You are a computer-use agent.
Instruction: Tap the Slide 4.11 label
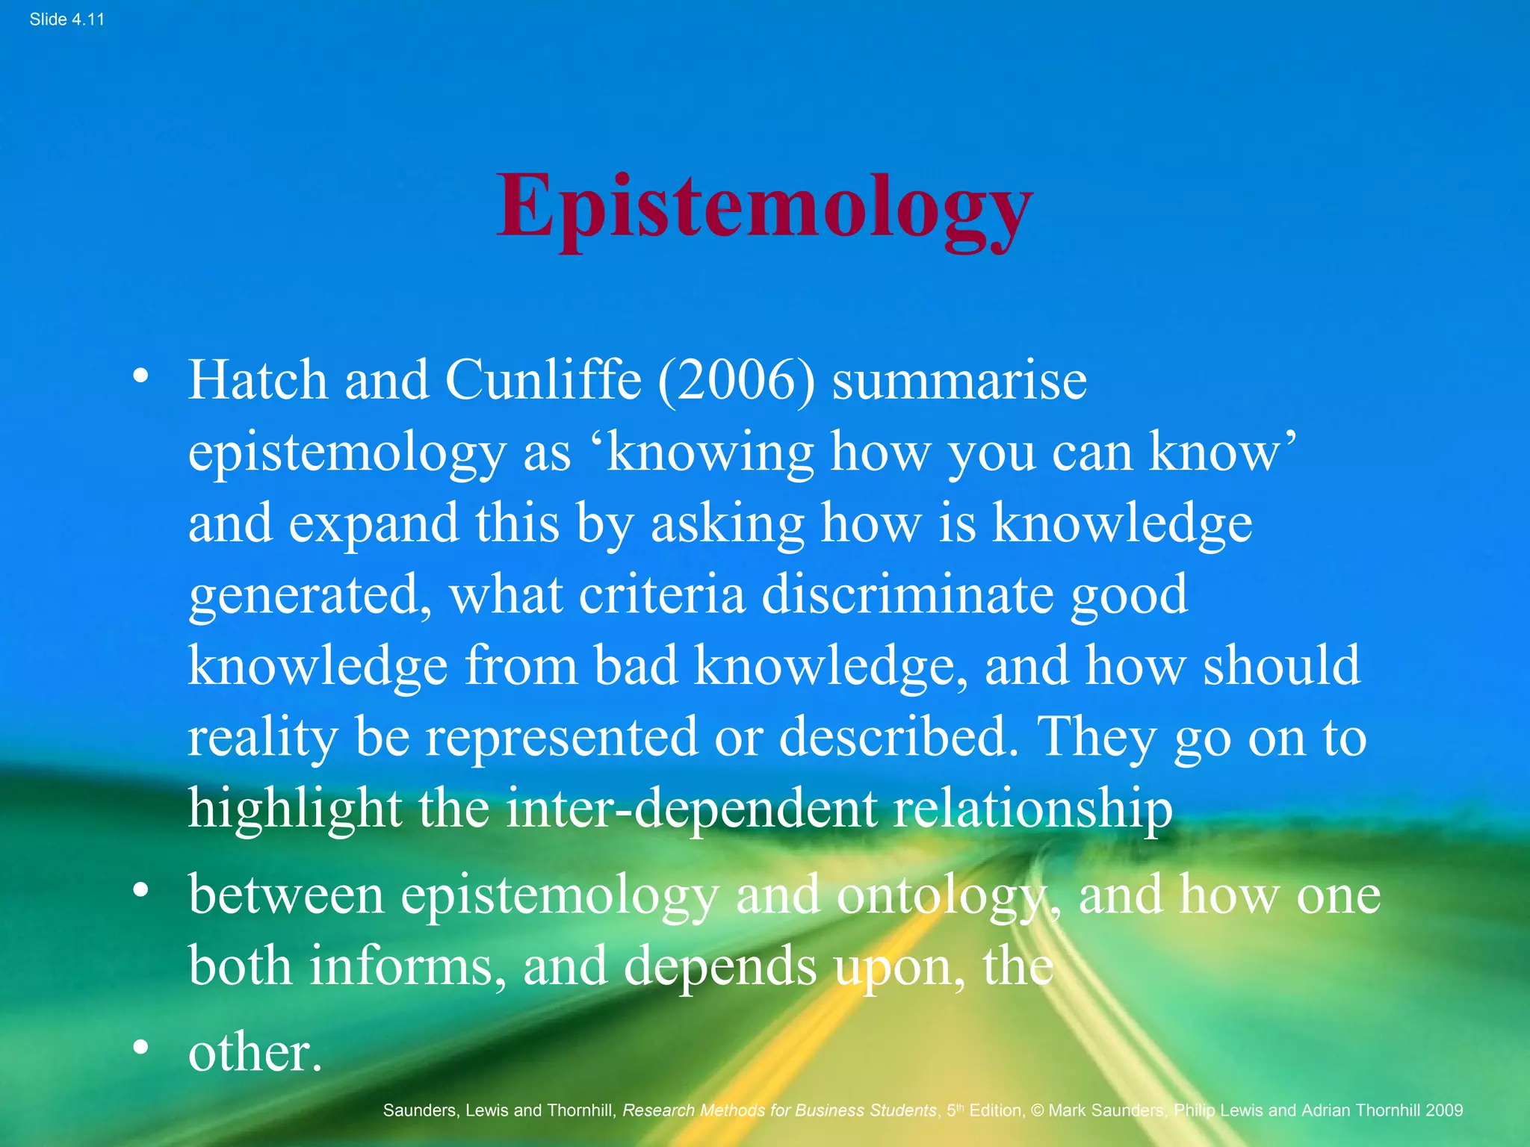[x=66, y=19]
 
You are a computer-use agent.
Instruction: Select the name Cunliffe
[x=543, y=380]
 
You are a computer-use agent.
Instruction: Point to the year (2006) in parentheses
[x=736, y=382]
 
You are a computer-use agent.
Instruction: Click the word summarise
[x=959, y=380]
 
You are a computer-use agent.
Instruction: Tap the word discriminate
[x=908, y=595]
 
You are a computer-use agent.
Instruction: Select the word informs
[x=402, y=966]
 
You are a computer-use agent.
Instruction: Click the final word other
[x=255, y=1053]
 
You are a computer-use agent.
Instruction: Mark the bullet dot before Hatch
[x=140, y=377]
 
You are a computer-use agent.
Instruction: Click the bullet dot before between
[x=140, y=892]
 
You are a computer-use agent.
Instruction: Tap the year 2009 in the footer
[x=1443, y=1110]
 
